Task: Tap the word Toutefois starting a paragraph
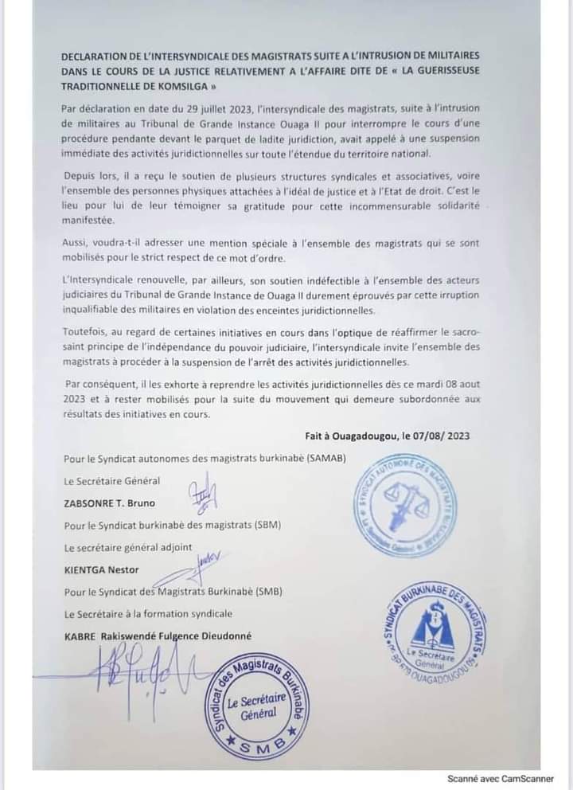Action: click(87, 331)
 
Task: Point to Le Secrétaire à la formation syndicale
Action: click(147, 613)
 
